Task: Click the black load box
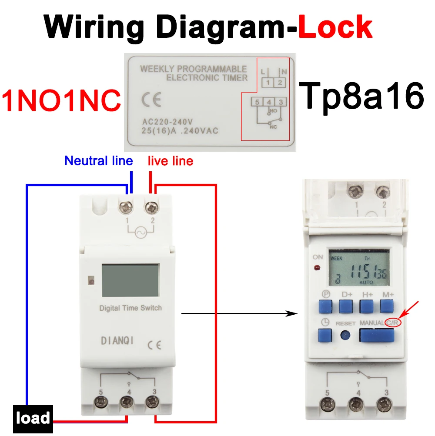click(33, 419)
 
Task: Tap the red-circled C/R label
click(393, 323)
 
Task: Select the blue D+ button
click(347, 306)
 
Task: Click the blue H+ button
click(368, 306)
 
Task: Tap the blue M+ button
click(387, 306)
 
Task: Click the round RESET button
click(346, 336)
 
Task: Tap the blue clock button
click(325, 336)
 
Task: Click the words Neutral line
click(98, 161)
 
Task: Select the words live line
click(170, 161)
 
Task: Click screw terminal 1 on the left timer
click(127, 208)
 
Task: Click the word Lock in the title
click(335, 27)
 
